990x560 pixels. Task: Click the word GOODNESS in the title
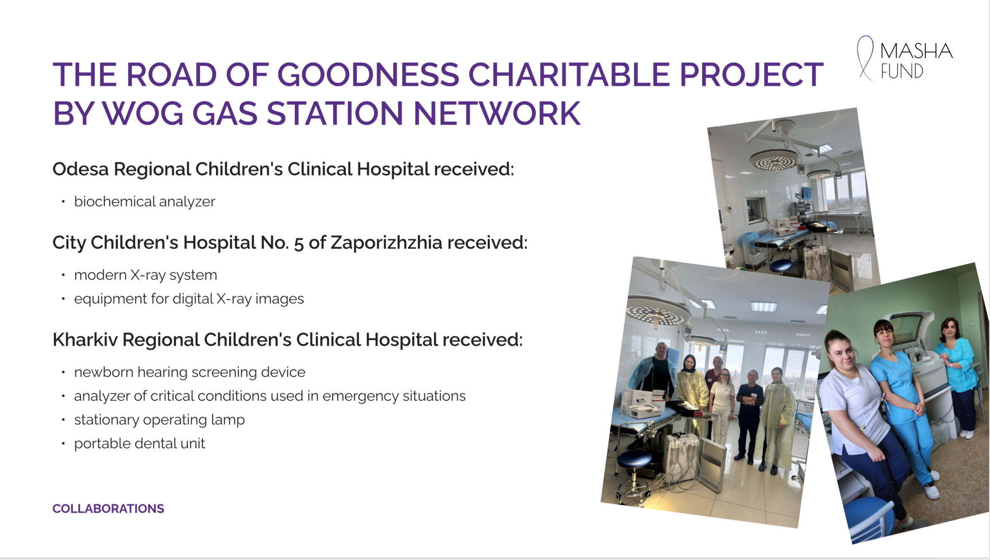[368, 75]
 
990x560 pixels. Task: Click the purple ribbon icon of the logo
[865, 58]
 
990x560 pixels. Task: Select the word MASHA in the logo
[916, 51]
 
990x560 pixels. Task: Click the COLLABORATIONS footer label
[108, 509]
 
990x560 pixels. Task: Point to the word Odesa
[80, 169]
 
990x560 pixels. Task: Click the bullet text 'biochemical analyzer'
[144, 202]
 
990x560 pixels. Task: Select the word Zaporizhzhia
[386, 243]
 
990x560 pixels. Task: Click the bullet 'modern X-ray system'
[145, 275]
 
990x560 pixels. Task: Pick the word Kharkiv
[85, 340]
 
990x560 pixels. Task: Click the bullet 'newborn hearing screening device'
[190, 372]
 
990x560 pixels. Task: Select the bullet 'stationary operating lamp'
[159, 420]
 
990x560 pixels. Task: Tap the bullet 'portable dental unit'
[139, 443]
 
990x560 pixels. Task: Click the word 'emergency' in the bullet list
[361, 396]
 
